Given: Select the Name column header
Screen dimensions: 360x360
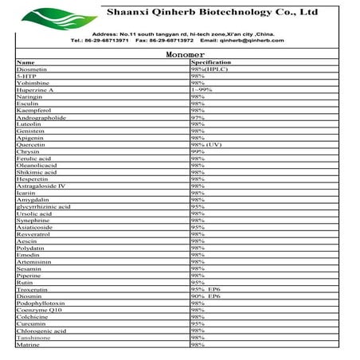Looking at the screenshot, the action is [26, 62].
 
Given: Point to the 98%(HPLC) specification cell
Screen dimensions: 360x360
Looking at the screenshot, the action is [209, 69].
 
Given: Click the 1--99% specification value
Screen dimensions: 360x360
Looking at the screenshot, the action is [202, 90].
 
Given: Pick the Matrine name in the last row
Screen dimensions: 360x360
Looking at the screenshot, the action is [28, 344].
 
